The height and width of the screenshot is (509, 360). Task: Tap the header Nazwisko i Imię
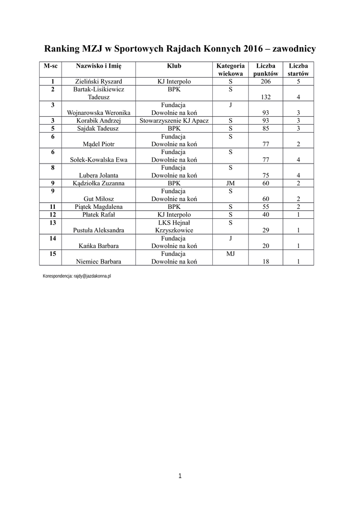point(98,66)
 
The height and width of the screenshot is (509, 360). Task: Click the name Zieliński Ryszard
point(98,82)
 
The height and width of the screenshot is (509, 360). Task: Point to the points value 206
point(266,82)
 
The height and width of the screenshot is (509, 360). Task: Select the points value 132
point(266,97)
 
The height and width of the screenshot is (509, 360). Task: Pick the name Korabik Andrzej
point(98,121)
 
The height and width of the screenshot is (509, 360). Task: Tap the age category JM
point(230,183)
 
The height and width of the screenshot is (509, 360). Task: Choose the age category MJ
point(230,254)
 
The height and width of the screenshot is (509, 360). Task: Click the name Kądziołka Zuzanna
point(98,183)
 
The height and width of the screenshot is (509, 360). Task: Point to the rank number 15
point(53,254)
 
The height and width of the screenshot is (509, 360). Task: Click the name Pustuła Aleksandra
point(98,231)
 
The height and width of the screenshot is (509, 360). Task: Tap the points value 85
point(266,128)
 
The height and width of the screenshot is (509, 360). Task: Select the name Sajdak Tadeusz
point(98,128)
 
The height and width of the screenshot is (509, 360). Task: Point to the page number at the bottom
point(180,476)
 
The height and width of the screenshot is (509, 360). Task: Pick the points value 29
point(266,231)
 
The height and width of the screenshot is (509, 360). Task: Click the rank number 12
point(53,214)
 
